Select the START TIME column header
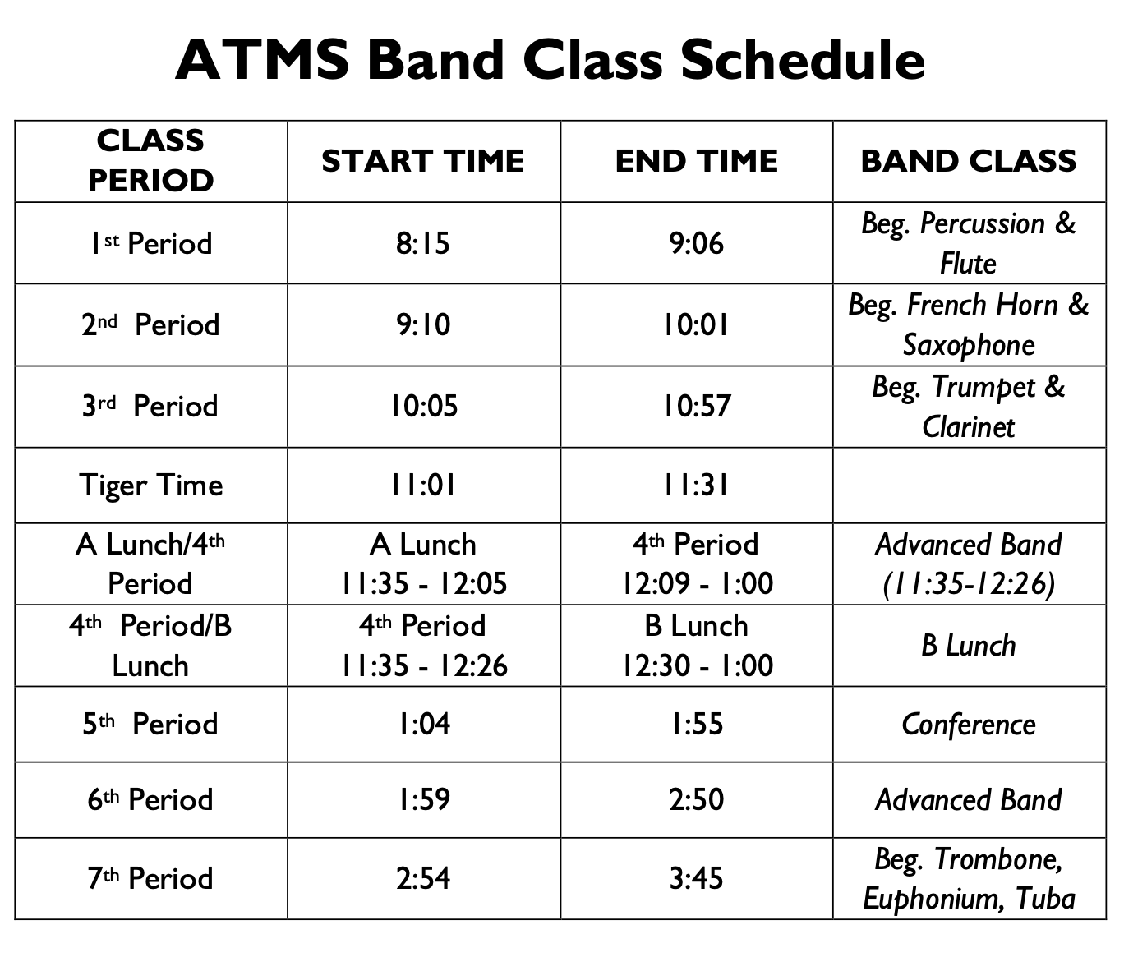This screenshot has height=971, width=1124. (x=423, y=161)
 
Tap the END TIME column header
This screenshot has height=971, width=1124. (x=696, y=161)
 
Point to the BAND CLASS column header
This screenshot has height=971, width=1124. (x=969, y=161)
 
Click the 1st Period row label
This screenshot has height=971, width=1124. (x=150, y=243)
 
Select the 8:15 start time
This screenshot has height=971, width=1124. (x=423, y=243)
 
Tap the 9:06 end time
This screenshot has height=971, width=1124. (x=696, y=243)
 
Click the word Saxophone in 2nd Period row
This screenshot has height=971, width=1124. (x=969, y=345)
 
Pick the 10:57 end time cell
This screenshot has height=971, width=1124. (x=696, y=406)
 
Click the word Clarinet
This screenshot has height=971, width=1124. (x=969, y=427)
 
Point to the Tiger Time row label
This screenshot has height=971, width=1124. (x=150, y=485)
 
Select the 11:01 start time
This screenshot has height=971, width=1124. (x=423, y=485)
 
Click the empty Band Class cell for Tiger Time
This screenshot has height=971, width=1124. (x=969, y=485)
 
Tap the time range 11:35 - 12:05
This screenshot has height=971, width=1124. (x=423, y=583)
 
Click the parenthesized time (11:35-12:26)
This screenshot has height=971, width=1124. (x=969, y=583)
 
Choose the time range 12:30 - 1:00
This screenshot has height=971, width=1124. (x=696, y=665)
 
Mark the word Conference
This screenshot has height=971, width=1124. (x=969, y=724)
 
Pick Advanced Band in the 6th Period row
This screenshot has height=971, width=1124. (x=969, y=799)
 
